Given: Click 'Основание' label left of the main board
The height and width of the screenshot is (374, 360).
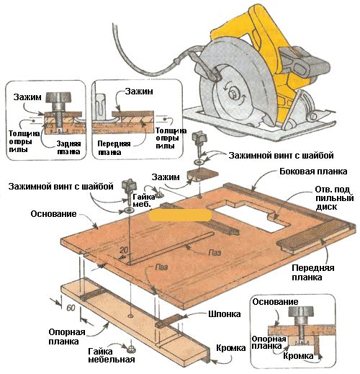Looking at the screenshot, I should [53, 214].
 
